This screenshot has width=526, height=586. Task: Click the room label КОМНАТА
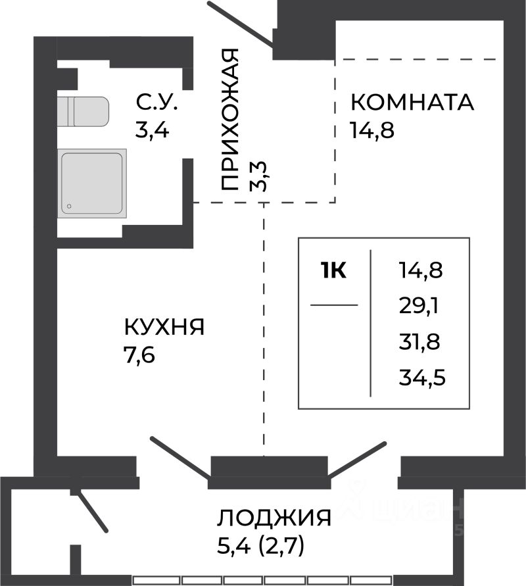click(412, 103)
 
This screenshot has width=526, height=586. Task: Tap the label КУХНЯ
click(164, 327)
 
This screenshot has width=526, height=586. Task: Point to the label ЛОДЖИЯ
click(274, 518)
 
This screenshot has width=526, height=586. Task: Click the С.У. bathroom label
click(156, 103)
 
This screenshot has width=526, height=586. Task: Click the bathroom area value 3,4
click(153, 130)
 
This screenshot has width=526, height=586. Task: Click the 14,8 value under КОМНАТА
click(372, 130)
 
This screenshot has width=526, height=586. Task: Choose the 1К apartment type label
click(333, 270)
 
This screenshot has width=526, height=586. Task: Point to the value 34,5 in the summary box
click(420, 378)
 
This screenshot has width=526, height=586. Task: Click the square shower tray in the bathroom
click(93, 182)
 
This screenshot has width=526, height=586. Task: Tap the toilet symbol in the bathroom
click(83, 112)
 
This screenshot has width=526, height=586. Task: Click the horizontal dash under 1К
click(333, 305)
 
